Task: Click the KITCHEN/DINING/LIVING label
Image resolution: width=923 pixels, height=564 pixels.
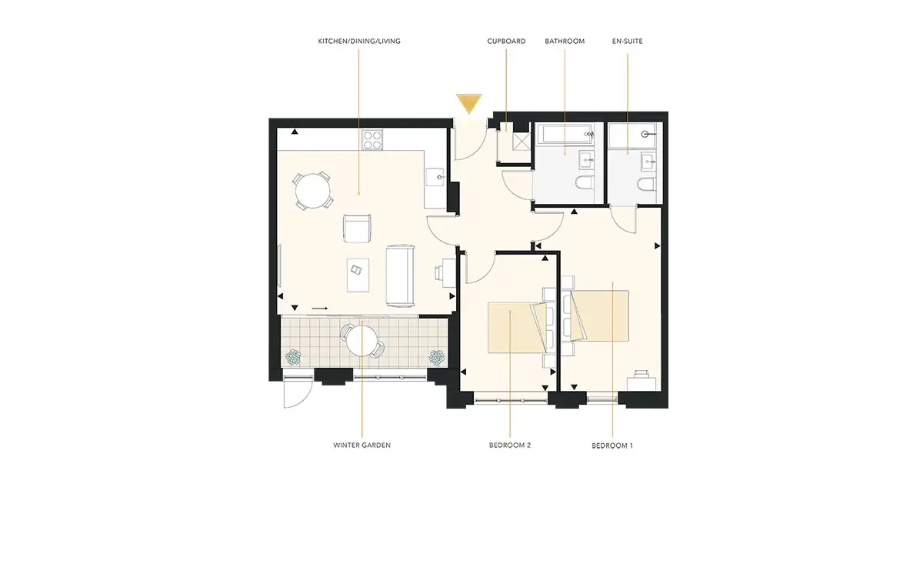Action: tap(359, 42)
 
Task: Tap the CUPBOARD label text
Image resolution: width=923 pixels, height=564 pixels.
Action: tap(506, 42)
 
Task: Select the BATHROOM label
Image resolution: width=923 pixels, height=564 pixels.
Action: tap(565, 42)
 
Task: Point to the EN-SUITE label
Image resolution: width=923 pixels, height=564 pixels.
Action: tap(627, 42)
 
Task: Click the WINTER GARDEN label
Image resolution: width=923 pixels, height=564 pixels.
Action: tap(362, 446)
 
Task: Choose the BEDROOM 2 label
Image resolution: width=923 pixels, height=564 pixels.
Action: tap(510, 446)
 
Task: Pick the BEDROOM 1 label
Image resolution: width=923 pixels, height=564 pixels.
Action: tap(612, 446)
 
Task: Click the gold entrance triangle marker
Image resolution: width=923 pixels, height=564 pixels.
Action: tap(469, 103)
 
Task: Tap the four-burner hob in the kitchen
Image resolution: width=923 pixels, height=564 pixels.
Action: tap(372, 140)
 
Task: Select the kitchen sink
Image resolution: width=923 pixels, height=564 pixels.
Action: tap(435, 177)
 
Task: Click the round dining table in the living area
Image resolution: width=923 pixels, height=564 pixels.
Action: tap(313, 191)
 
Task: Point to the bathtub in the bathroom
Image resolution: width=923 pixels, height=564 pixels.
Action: tap(567, 134)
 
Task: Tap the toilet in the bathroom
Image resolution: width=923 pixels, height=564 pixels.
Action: tap(585, 182)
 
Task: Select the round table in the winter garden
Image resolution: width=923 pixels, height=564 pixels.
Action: tap(362, 341)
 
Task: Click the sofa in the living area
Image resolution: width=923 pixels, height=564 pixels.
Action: tap(400, 275)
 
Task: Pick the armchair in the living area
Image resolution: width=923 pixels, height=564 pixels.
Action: tap(357, 229)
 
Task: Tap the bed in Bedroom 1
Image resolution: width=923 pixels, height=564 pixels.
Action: tap(598, 315)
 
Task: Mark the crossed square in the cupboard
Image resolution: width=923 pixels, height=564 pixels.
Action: tap(521, 142)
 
